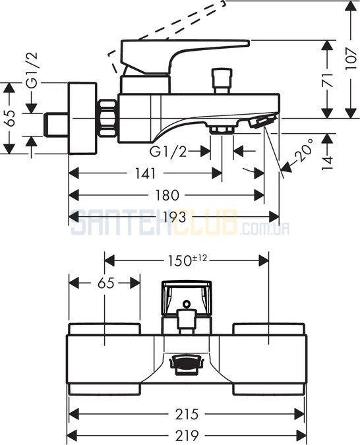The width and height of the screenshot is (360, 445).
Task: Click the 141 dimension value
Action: [145, 173]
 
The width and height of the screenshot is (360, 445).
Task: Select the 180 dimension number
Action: [167, 195]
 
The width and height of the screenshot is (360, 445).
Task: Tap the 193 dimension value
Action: [174, 217]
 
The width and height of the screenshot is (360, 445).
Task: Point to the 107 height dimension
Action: [351, 59]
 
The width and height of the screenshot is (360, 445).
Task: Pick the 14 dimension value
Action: [327, 163]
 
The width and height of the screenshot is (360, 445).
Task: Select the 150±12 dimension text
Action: [188, 260]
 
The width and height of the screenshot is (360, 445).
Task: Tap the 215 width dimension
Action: [187, 415]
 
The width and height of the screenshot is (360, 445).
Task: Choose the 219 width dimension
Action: [187, 435]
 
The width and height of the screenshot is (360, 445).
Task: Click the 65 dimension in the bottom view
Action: [106, 283]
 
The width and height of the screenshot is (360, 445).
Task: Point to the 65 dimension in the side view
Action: [11, 118]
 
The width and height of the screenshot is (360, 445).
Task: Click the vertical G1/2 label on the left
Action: [32, 70]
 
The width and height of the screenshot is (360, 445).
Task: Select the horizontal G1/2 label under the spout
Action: [169, 152]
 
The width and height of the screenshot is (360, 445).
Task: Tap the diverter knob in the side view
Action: [222, 80]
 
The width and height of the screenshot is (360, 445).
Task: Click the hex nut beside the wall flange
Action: [108, 118]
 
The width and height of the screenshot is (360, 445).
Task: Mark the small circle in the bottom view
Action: [187, 304]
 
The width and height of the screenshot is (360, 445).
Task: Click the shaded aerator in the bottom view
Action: [187, 363]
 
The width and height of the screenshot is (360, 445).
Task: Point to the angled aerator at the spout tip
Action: [263, 121]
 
